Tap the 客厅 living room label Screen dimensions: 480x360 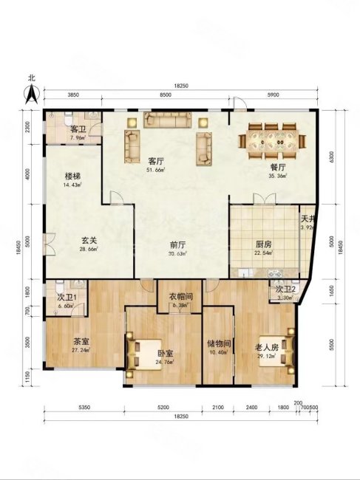point(155,160)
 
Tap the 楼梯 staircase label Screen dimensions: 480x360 point(72,177)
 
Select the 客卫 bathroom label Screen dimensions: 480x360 point(77,128)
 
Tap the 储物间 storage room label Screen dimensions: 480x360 point(219,343)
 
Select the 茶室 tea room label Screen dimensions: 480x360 point(81,342)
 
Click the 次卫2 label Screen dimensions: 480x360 point(286,289)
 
